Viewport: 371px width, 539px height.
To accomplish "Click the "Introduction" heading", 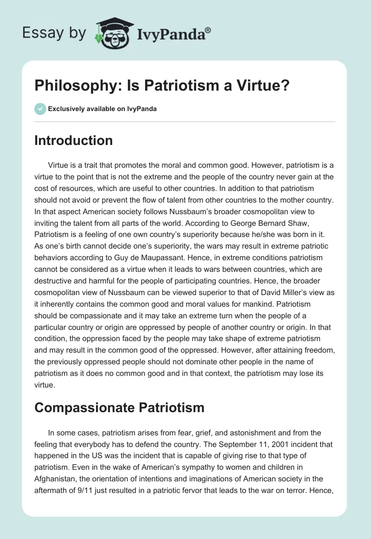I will [x=73, y=140].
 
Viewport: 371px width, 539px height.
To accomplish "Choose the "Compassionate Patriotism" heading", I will [x=119, y=408].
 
